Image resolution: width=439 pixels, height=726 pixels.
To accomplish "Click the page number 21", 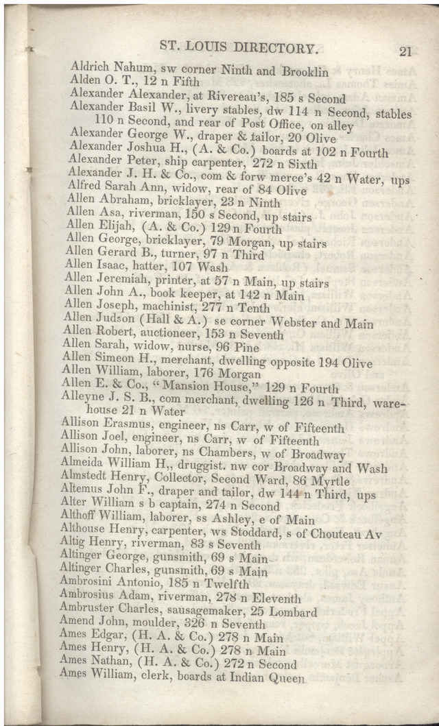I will tap(404, 51).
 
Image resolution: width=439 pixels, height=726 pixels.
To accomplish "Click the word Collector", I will tap(180, 481).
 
